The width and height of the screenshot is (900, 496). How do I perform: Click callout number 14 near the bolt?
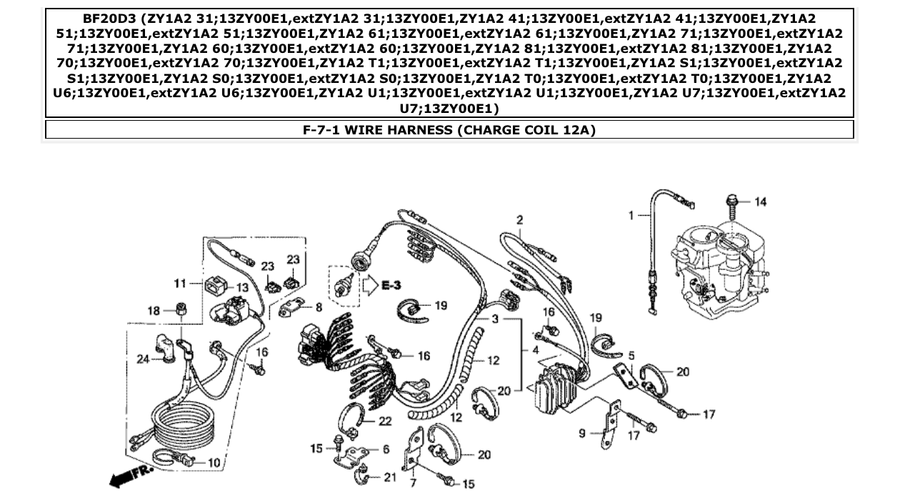point(760,202)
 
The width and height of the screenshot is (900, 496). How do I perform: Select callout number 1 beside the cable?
point(631,214)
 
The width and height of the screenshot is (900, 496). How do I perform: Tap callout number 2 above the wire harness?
point(520,219)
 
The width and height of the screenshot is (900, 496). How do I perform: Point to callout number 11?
point(179,284)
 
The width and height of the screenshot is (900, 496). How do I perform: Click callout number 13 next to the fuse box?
point(242,287)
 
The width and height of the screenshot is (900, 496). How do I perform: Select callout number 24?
point(142,359)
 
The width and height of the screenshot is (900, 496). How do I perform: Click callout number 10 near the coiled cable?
point(214,462)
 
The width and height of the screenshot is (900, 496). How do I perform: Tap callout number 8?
point(318,307)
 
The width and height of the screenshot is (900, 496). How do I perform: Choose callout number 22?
point(385,422)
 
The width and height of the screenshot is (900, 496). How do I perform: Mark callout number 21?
point(390,477)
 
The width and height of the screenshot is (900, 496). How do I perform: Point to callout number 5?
point(631,354)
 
